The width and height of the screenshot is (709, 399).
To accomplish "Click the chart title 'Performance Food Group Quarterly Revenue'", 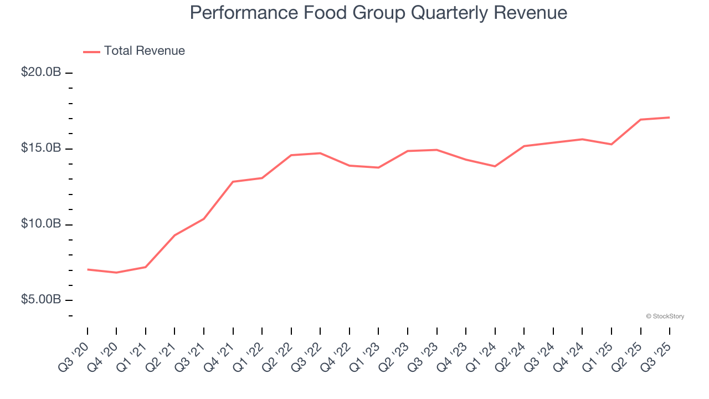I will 378,13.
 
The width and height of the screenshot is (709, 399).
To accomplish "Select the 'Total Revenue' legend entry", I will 144,51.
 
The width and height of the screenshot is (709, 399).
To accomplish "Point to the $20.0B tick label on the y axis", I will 41,73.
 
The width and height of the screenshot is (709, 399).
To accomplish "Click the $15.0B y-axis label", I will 41,149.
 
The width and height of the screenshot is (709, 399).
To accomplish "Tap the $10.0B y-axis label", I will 41,224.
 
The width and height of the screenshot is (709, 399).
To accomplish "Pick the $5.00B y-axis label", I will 41,300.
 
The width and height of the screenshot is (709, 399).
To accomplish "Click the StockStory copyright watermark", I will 665,316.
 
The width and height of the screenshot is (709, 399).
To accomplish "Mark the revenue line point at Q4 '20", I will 116,273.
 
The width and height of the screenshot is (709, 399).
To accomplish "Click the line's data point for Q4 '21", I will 233,182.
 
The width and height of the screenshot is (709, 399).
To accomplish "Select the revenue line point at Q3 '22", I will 320,153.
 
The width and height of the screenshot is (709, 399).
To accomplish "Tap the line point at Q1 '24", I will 495,166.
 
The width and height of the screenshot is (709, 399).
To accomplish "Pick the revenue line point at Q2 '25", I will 640,120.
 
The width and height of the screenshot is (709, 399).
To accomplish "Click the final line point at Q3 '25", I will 669,117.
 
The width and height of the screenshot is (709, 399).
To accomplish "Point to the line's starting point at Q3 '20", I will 88,269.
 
